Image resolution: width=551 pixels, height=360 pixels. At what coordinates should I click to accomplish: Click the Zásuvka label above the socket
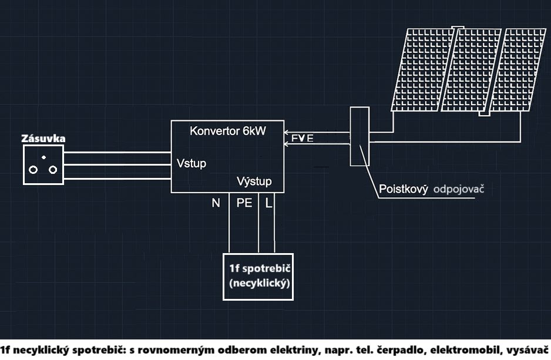pyautogui.click(x=43, y=139)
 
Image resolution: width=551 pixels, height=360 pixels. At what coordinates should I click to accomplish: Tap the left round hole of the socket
pyautogui.click(x=33, y=170)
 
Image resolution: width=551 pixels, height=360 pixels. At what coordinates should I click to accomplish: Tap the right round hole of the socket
pyautogui.click(x=53, y=170)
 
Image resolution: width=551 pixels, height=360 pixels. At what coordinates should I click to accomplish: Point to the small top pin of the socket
pyautogui.click(x=43, y=157)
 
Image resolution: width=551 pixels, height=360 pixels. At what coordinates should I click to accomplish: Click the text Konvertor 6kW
pyautogui.click(x=227, y=131)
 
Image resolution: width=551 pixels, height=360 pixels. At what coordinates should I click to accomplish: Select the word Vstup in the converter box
pyautogui.click(x=191, y=163)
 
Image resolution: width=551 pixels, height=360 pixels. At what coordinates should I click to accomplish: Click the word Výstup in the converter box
pyautogui.click(x=254, y=180)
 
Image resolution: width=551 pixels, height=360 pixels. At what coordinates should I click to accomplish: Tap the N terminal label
pyautogui.click(x=216, y=203)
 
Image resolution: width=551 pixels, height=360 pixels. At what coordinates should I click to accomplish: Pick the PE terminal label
pyautogui.click(x=244, y=203)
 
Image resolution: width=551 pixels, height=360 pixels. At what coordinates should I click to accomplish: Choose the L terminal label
pyautogui.click(x=268, y=203)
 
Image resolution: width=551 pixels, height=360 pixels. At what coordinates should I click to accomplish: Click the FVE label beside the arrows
pyautogui.click(x=302, y=139)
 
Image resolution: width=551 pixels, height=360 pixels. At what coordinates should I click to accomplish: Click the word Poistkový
pyautogui.click(x=402, y=190)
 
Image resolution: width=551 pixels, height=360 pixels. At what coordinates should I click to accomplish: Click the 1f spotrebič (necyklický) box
pyautogui.click(x=258, y=276)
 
